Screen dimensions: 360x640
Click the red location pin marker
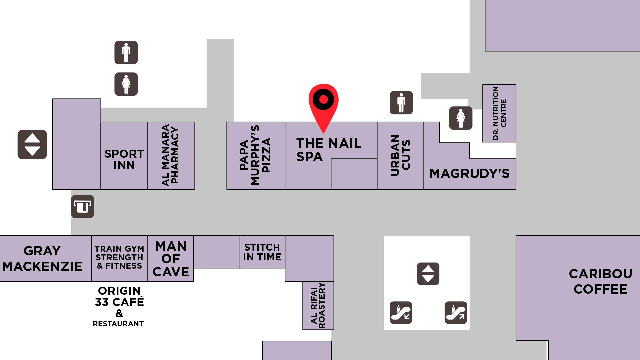point(323,100)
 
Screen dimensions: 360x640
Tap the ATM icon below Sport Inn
point(83,207)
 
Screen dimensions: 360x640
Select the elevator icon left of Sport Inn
point(32,144)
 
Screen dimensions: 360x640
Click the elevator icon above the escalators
point(428,274)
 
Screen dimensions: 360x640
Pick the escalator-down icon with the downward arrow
point(401,313)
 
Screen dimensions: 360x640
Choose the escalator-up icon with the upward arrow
point(456,313)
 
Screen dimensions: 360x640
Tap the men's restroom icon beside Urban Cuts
point(401,103)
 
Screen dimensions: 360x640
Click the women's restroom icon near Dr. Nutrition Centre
point(461,118)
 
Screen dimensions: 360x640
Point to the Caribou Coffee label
point(600,281)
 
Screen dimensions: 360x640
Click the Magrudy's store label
point(469,173)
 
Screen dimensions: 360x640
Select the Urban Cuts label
point(400,155)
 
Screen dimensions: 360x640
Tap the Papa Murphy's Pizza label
point(255,155)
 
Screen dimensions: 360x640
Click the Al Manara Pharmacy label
point(170,155)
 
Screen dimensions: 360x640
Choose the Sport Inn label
point(124,159)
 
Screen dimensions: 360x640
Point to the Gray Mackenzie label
point(42,259)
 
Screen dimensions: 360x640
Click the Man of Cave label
point(171,259)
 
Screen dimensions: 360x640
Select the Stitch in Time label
point(262,252)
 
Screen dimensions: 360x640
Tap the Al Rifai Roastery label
point(318,305)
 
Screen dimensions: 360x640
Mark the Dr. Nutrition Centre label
point(499,113)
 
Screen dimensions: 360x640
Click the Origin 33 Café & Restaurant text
point(119,306)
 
